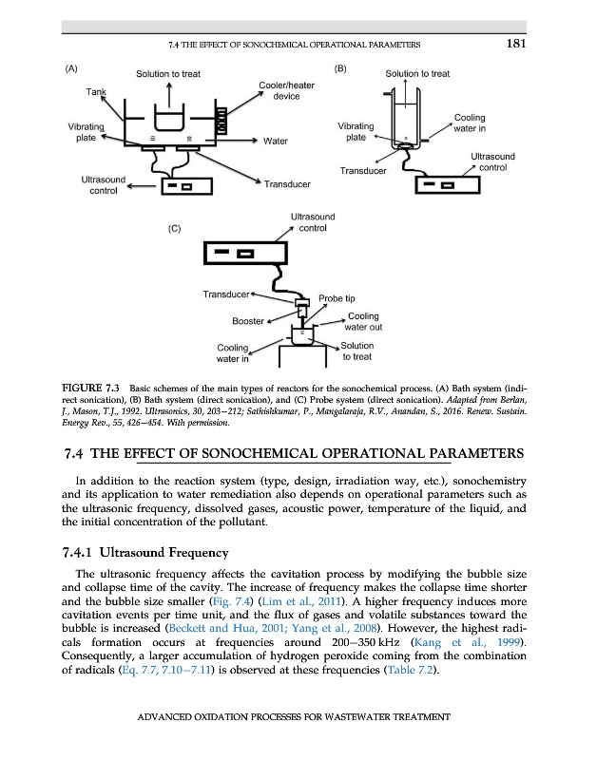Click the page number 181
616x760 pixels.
513,43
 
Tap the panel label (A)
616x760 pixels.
71,69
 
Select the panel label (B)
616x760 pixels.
341,69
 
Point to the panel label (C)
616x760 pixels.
174,229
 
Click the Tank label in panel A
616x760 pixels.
96,91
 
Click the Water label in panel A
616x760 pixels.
276,142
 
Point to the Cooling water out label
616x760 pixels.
364,321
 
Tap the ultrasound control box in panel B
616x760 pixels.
448,184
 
